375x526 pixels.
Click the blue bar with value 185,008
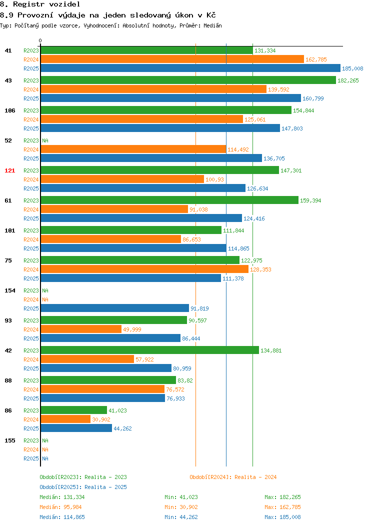pyautogui.click(x=190, y=68)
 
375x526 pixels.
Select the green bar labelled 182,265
pyautogui.click(x=188, y=80)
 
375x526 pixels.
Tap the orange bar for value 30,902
pyautogui.click(x=65, y=419)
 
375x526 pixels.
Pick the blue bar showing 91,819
pyautogui.click(x=115, y=308)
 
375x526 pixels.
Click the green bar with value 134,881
pyautogui.click(x=150, y=350)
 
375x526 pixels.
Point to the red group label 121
pyautogui.click(x=9, y=170)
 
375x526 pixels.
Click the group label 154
pyautogui.click(x=9, y=290)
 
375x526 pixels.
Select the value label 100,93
pyautogui.click(x=214, y=179)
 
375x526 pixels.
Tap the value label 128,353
pyautogui.click(x=260, y=269)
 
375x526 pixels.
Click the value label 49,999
pyautogui.click(x=132, y=329)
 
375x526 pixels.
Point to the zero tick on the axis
pyautogui.click(x=40, y=41)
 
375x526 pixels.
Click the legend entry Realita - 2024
pyautogui.click(x=233, y=477)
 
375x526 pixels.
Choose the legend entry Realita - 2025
pyautogui.click(x=83, y=487)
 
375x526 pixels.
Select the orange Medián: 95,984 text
pyautogui.click(x=60, y=507)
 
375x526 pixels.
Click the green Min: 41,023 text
pyautogui.click(x=181, y=497)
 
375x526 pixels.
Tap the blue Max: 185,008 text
pyautogui.click(x=283, y=517)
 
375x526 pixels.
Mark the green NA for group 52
pyautogui.click(x=45, y=140)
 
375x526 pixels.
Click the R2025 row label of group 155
pyautogui.click(x=31, y=458)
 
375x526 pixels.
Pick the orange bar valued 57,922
pyautogui.click(x=87, y=359)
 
